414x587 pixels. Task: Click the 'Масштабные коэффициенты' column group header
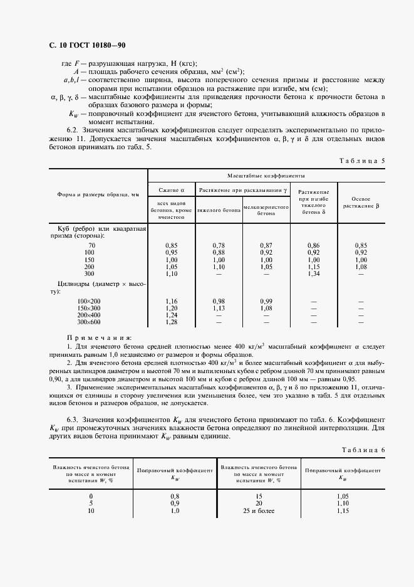tap(266, 177)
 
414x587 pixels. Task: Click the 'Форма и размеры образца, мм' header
tap(98, 196)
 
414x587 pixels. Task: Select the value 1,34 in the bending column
tap(314, 274)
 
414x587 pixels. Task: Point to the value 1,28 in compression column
tap(171, 322)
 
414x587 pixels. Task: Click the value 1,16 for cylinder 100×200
tap(171, 302)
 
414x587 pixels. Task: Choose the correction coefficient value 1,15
tap(343, 511)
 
